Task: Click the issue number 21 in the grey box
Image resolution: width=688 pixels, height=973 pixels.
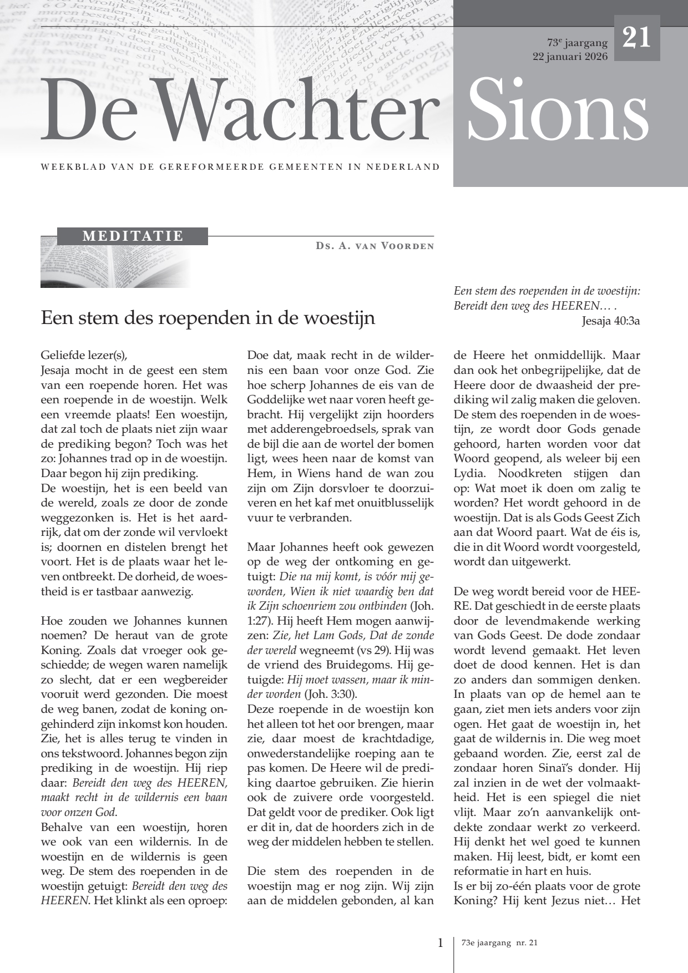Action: pyautogui.click(x=636, y=38)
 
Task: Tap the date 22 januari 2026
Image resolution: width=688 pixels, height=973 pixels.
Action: pyautogui.click(x=570, y=57)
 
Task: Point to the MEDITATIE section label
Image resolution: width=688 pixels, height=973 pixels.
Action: pyautogui.click(x=133, y=236)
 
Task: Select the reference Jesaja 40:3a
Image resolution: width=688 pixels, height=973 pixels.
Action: pyautogui.click(x=611, y=321)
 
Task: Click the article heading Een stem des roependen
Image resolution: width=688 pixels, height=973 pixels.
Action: pyautogui.click(x=208, y=318)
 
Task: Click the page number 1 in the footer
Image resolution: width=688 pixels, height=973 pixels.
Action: pyautogui.click(x=441, y=942)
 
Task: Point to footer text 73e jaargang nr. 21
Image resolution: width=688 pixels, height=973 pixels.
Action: pyautogui.click(x=499, y=942)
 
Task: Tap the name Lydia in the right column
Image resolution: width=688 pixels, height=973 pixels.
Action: pyautogui.click(x=470, y=474)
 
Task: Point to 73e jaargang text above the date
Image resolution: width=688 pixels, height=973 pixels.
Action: pyautogui.click(x=577, y=43)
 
